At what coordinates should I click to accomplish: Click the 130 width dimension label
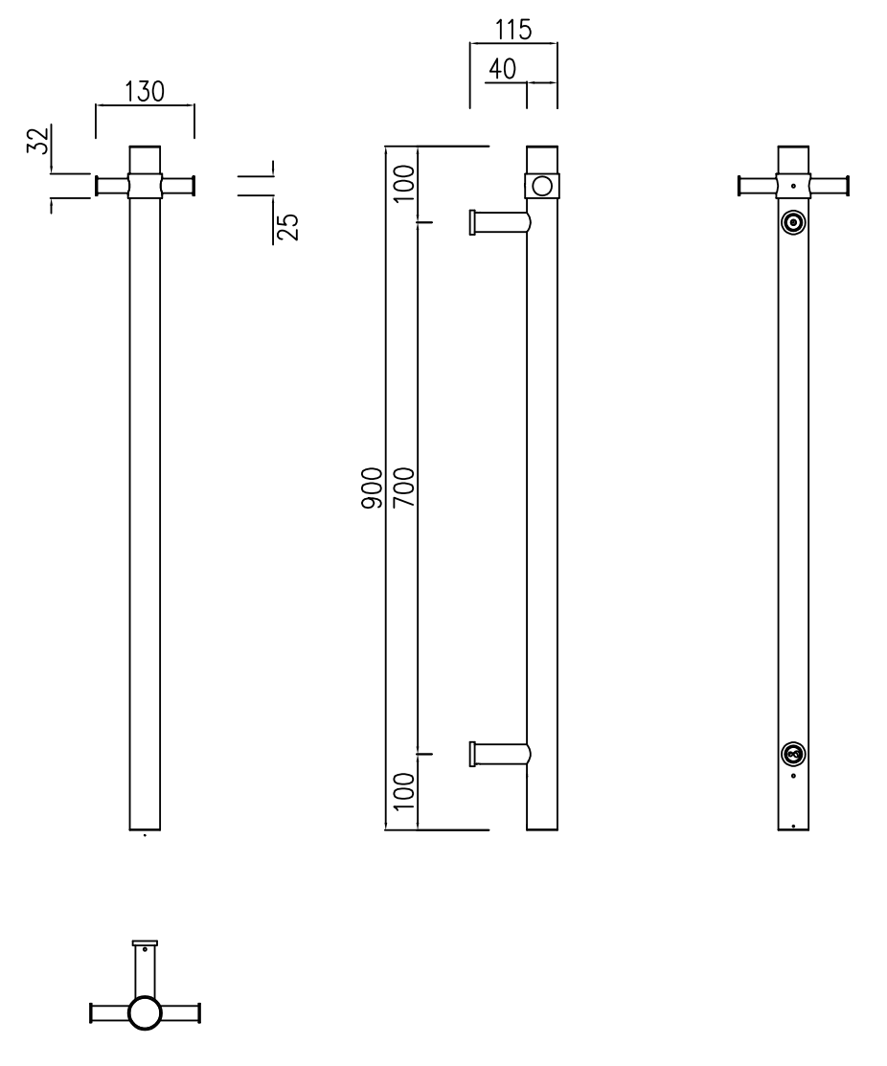click(x=145, y=92)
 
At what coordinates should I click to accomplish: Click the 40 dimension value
click(x=503, y=69)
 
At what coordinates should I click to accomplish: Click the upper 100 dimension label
click(x=403, y=183)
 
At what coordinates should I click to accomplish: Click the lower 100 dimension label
click(x=403, y=791)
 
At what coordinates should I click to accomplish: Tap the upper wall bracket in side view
click(x=497, y=223)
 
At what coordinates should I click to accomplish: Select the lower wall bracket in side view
click(x=497, y=754)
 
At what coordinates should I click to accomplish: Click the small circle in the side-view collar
click(x=542, y=185)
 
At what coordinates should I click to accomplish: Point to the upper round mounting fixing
click(x=793, y=223)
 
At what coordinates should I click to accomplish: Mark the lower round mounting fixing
click(x=793, y=754)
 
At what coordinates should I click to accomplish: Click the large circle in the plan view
click(x=145, y=1012)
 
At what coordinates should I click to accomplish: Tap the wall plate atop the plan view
click(x=145, y=943)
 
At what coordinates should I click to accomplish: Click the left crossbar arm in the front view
click(x=111, y=185)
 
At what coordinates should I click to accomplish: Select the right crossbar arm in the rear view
click(x=830, y=185)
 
